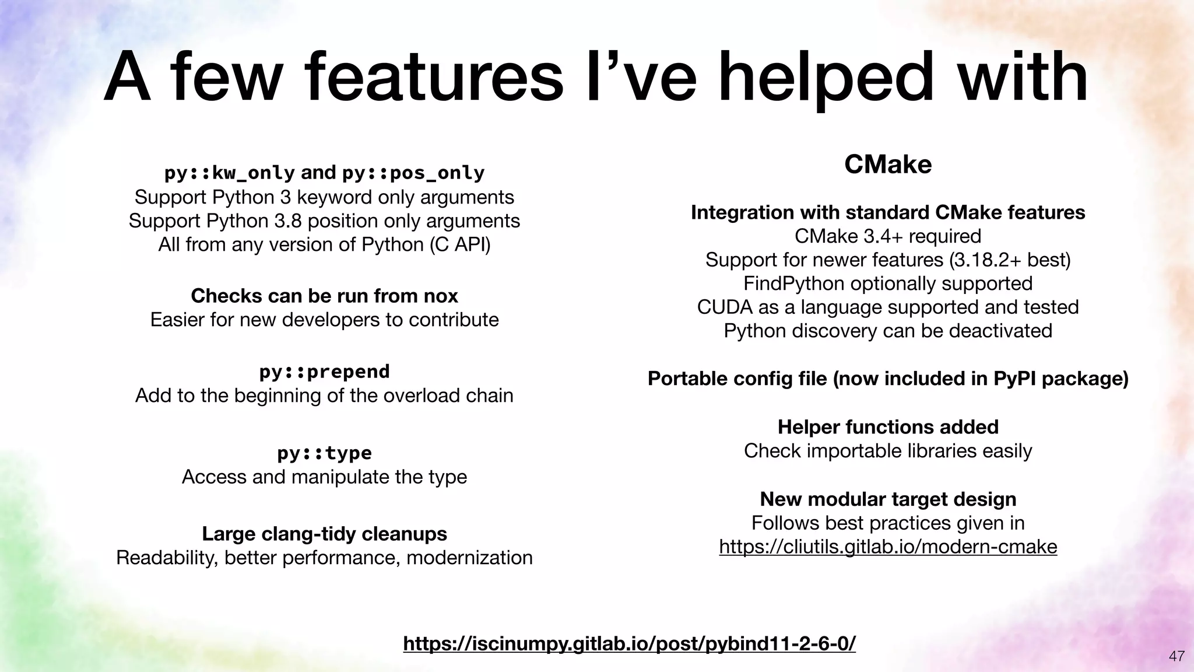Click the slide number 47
coord(1177,656)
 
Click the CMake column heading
coord(887,164)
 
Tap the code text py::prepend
coord(324,372)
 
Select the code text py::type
coord(324,453)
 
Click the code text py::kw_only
coord(229,173)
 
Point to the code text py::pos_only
coord(413,173)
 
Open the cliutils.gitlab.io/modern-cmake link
coord(887,547)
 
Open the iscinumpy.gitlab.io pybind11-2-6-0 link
coord(629,643)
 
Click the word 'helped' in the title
coord(825,79)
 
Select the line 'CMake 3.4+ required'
coord(887,236)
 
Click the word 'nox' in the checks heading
coord(441,296)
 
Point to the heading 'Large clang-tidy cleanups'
coord(324,534)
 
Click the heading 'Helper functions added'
coord(887,427)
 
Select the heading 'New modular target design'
coord(887,499)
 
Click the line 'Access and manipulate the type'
coord(324,477)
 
